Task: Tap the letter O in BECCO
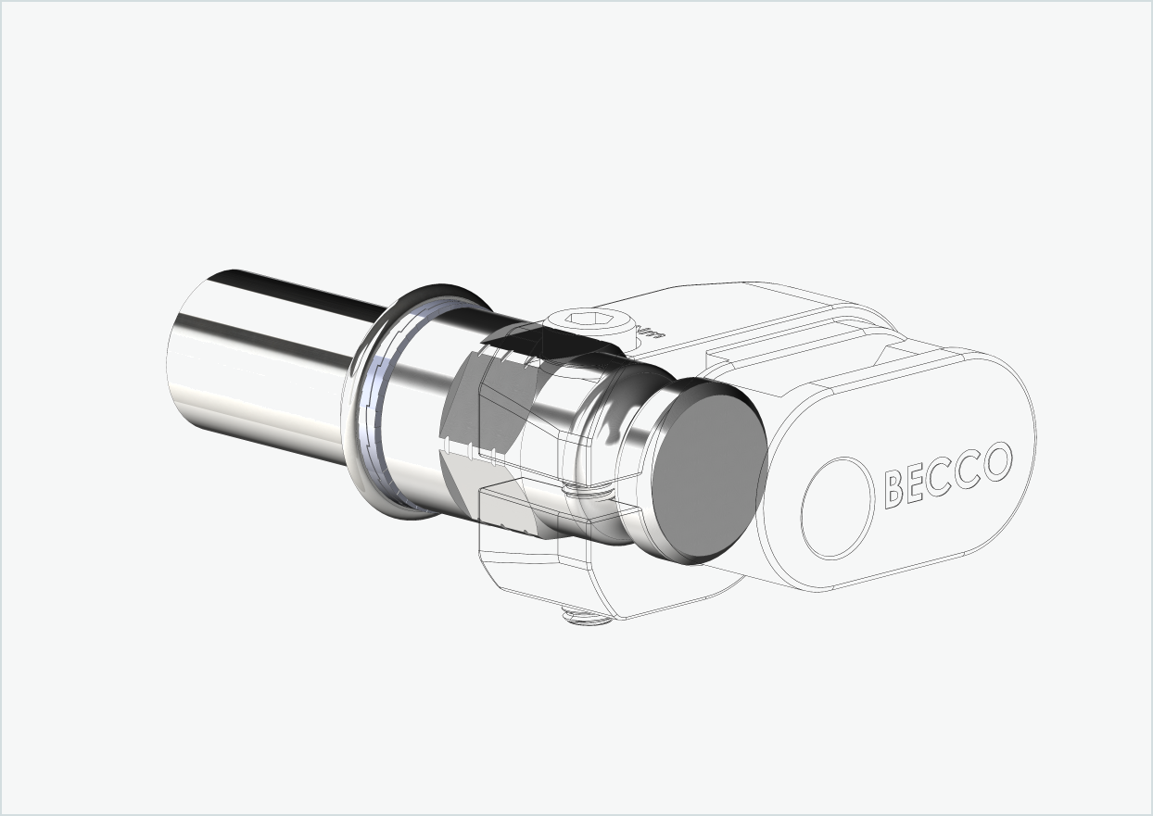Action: pos(997,462)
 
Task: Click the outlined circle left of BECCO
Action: pos(837,508)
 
